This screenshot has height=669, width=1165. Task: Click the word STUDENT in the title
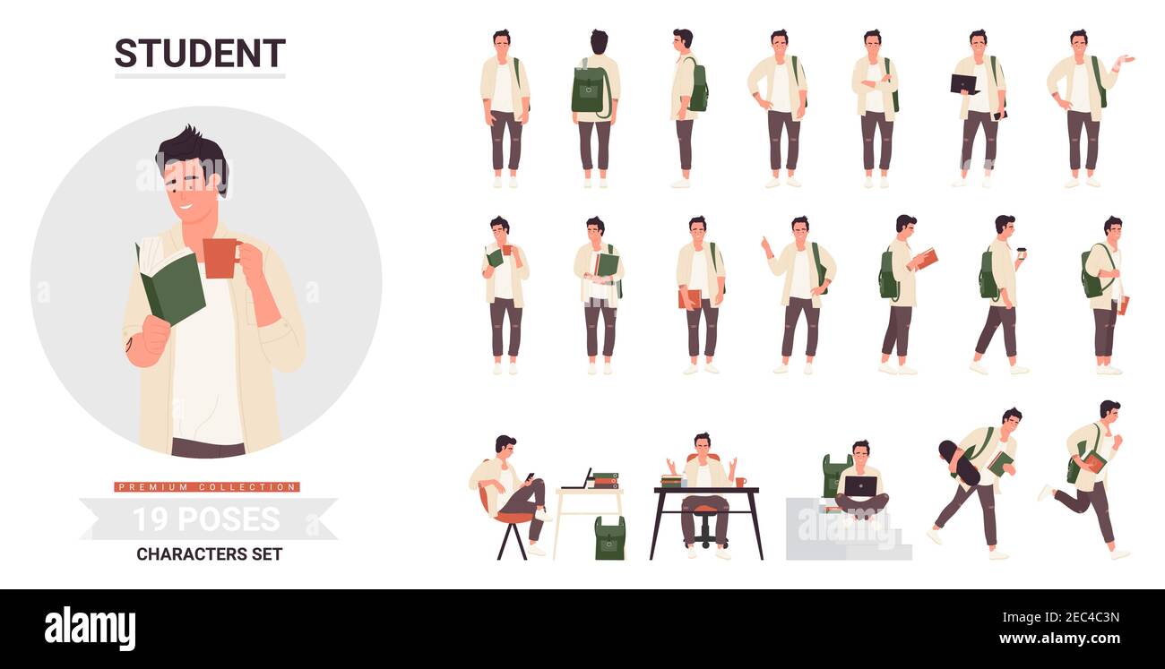click(x=200, y=53)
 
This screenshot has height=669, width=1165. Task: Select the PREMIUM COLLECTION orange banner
click(x=207, y=487)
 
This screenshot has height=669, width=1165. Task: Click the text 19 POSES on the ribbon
click(x=206, y=519)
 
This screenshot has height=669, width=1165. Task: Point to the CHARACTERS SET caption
click(x=209, y=554)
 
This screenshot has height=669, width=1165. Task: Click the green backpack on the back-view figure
click(x=591, y=90)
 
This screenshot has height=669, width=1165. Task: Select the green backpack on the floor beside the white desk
click(x=609, y=538)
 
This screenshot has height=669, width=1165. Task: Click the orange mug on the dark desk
click(x=740, y=482)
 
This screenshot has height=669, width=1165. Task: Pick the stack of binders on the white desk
click(x=606, y=480)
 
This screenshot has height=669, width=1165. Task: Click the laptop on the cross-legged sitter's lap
click(x=860, y=486)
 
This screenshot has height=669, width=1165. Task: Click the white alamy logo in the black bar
click(x=90, y=629)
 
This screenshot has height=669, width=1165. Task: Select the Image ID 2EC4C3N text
click(x=1060, y=617)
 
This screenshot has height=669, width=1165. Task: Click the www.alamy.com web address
click(x=1059, y=638)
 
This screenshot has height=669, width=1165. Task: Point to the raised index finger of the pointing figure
click(x=764, y=241)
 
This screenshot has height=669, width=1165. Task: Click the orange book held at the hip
click(x=690, y=299)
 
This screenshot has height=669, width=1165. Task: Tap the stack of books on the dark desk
click(x=671, y=481)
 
